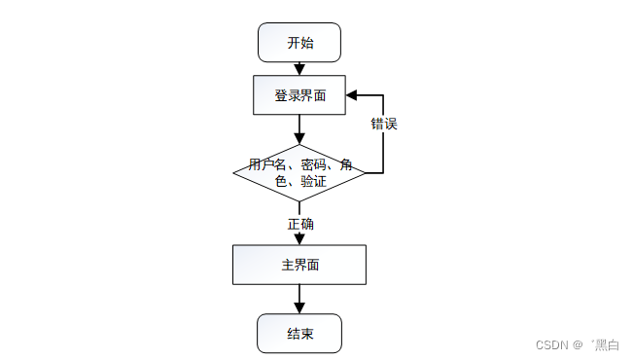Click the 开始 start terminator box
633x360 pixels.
coord(299,43)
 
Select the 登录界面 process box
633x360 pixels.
coord(299,95)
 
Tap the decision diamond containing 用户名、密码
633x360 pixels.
coord(299,173)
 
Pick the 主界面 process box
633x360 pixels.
coord(299,265)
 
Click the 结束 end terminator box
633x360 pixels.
coord(299,334)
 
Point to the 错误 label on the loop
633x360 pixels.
coord(383,125)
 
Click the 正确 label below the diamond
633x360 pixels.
coord(299,224)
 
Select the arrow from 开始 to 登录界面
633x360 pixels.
coord(299,68)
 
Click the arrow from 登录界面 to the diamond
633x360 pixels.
coord(299,128)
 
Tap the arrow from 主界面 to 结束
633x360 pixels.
coord(299,299)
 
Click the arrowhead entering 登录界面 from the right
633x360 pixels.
coord(353,95)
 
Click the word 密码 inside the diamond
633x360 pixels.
coord(313,164)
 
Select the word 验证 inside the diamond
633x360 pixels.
coord(313,181)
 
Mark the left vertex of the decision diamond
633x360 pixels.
coord(234,173)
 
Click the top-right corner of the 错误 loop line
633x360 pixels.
coord(383,95)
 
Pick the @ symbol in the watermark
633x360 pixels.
coord(577,344)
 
